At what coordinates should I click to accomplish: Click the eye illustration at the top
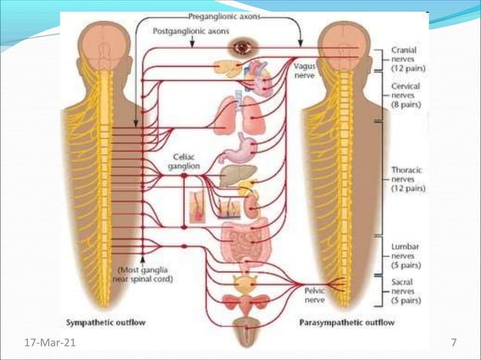[x=243, y=47]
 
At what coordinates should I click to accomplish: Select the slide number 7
[x=454, y=343]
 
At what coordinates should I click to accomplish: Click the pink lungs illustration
[x=243, y=113]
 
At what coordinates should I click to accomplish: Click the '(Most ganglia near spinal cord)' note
[x=145, y=273]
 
